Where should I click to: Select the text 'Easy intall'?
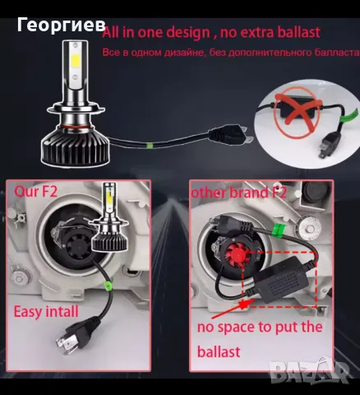coord(45,312)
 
